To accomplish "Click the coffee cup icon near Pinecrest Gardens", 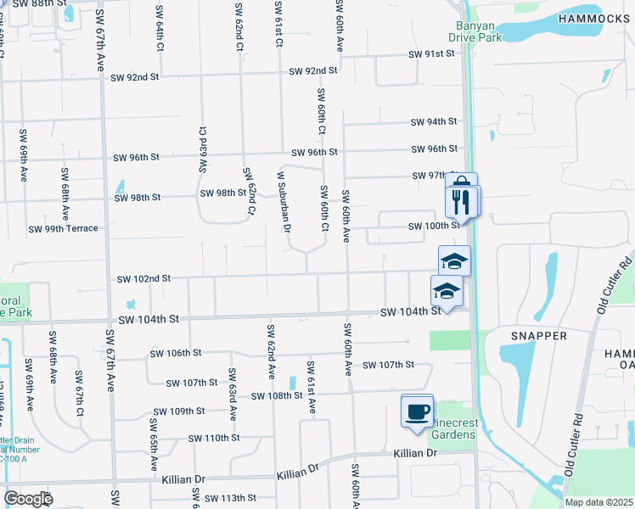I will tap(417, 411).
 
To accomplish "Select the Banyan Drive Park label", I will tap(475, 31).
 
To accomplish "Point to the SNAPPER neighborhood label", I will tap(539, 336).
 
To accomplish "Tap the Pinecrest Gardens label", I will tap(452, 428).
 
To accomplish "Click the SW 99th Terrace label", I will tap(64, 229).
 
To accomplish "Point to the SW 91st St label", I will tap(432, 53).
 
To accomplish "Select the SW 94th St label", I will tap(434, 122).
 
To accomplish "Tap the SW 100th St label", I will tap(434, 227).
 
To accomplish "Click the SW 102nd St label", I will tap(143, 278).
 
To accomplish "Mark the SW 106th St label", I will tap(175, 353).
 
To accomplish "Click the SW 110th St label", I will tap(214, 438).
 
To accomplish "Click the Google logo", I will tap(28, 499).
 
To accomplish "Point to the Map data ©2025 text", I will tap(598, 502).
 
